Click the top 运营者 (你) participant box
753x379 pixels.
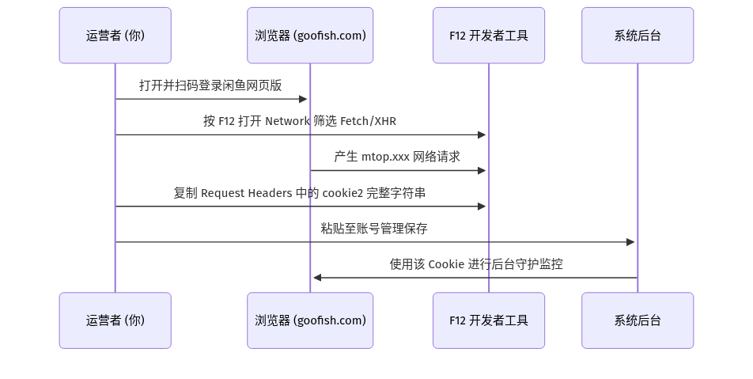point(115,36)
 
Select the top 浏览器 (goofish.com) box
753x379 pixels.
point(310,36)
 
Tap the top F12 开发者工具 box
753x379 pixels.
point(489,36)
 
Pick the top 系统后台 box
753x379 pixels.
point(638,36)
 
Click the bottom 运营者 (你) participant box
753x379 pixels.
point(115,320)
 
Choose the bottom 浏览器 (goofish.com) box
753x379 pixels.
point(310,320)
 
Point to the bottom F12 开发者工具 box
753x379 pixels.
point(489,320)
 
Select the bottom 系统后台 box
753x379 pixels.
point(638,320)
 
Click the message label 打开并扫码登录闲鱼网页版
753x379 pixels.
point(210,85)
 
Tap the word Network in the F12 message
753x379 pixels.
point(287,121)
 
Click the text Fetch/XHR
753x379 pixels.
point(368,121)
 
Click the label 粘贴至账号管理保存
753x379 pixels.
point(374,228)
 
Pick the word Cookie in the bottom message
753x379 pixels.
point(446,264)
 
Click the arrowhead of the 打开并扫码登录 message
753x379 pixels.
point(303,100)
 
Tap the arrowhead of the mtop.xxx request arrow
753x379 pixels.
point(482,171)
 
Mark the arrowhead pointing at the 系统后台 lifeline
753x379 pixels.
point(631,242)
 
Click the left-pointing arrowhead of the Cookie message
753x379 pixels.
point(317,278)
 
